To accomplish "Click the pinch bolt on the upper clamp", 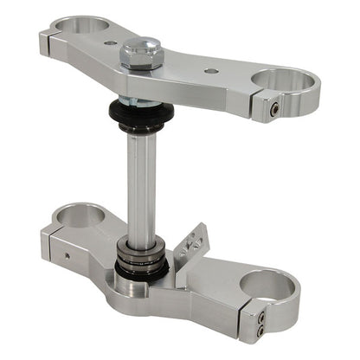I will [273, 109].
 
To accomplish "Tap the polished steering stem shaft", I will [142, 182].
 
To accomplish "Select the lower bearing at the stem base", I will [142, 254].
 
